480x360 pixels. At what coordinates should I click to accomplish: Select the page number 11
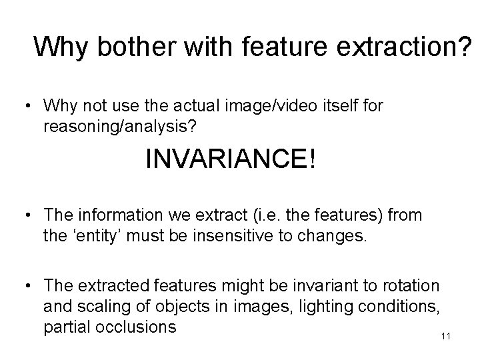pos(446,335)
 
